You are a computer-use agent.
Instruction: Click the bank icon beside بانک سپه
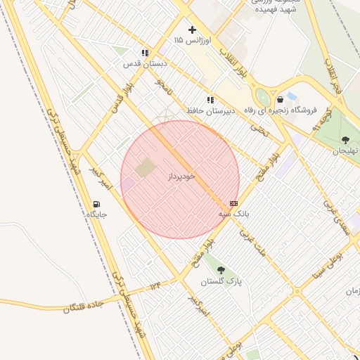[233, 203]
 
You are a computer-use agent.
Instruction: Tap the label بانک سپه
[234, 212]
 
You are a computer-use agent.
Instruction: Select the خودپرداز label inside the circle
[181, 175]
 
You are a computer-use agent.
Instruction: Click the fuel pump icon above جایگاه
[96, 205]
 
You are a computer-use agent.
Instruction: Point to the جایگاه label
[96, 214]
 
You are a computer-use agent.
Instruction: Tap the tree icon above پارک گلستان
[221, 271]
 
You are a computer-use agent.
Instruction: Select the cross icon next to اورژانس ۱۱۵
[192, 30]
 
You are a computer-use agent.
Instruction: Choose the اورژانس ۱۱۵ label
[192, 41]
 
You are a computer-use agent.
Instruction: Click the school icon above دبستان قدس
[145, 53]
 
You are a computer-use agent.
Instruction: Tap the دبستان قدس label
[146, 63]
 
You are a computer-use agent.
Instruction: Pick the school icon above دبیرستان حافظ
[210, 101]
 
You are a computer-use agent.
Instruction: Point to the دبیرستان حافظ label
[210, 111]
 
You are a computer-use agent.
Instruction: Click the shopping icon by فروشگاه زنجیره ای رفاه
[280, 100]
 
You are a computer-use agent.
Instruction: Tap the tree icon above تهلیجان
[345, 140]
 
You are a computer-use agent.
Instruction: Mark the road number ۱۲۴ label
[155, 286]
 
